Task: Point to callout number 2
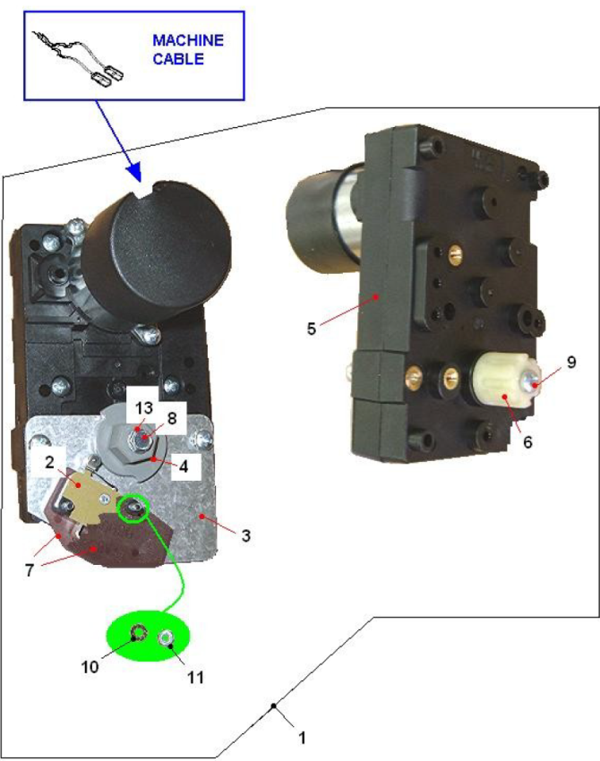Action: point(51,462)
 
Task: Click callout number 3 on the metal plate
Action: point(246,534)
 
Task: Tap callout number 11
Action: point(194,676)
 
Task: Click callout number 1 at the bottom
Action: point(302,739)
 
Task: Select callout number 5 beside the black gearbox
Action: point(312,329)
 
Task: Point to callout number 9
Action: point(570,363)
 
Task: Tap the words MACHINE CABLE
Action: point(187,50)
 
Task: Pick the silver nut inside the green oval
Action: point(167,638)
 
